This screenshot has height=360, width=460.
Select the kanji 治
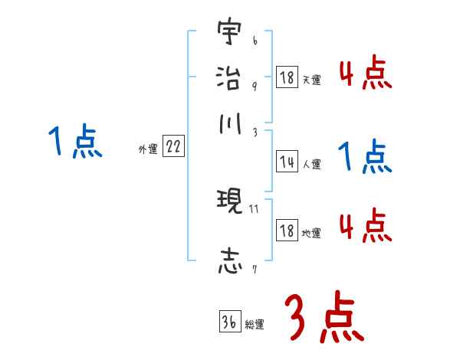point(228,78)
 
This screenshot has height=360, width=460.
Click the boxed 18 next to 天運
point(287,77)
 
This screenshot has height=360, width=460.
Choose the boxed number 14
point(287,162)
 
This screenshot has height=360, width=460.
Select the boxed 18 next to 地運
point(287,231)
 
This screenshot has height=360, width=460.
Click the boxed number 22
point(173,147)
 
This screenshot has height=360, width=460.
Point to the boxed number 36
point(228,322)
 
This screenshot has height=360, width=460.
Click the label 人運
point(311,164)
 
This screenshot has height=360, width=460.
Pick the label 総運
point(254,324)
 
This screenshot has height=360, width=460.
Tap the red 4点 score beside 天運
point(364,74)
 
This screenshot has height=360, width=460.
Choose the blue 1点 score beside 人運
point(364,159)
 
